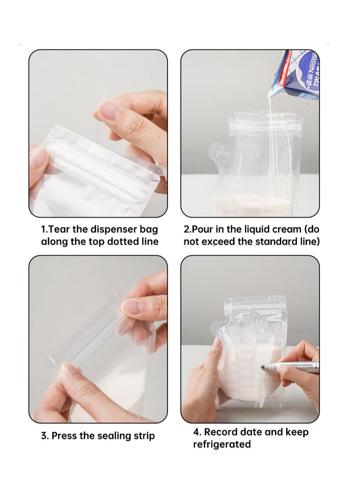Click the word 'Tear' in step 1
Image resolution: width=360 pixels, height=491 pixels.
[59, 230]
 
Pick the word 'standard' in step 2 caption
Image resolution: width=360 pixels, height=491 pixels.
[277, 242]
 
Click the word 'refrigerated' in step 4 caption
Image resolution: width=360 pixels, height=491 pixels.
[222, 444]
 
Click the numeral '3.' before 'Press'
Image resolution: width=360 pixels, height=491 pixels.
[45, 436]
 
